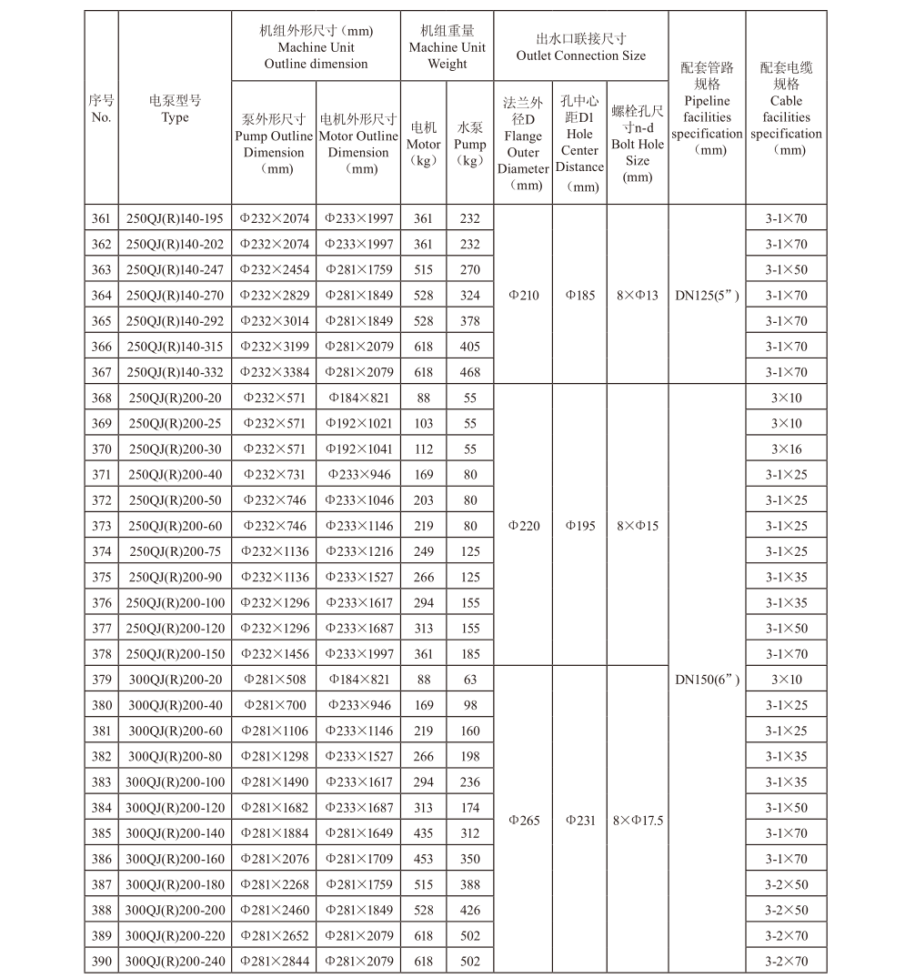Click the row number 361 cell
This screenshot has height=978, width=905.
[101, 218]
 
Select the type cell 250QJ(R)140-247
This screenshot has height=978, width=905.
[175, 270]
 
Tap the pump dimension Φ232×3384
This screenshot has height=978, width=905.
[275, 372]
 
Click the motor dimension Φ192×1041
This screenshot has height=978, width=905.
[358, 449]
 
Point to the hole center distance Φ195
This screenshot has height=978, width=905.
[580, 526]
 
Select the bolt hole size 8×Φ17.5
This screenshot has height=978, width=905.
[638, 821]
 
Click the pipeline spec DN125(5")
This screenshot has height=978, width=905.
[707, 296]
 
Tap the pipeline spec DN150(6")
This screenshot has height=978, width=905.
[707, 680]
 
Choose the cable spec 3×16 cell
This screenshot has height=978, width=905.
[787, 449]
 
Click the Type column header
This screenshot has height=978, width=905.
[175, 108]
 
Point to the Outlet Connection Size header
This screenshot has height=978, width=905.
[581, 47]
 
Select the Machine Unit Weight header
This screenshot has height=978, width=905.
[447, 47]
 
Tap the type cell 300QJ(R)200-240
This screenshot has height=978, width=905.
[175, 962]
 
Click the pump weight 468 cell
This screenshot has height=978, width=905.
[469, 372]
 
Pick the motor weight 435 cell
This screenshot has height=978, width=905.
[423, 833]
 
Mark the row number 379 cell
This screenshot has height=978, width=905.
[101, 680]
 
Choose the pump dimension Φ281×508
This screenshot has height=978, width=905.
[275, 680]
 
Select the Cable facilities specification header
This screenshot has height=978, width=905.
[787, 108]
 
